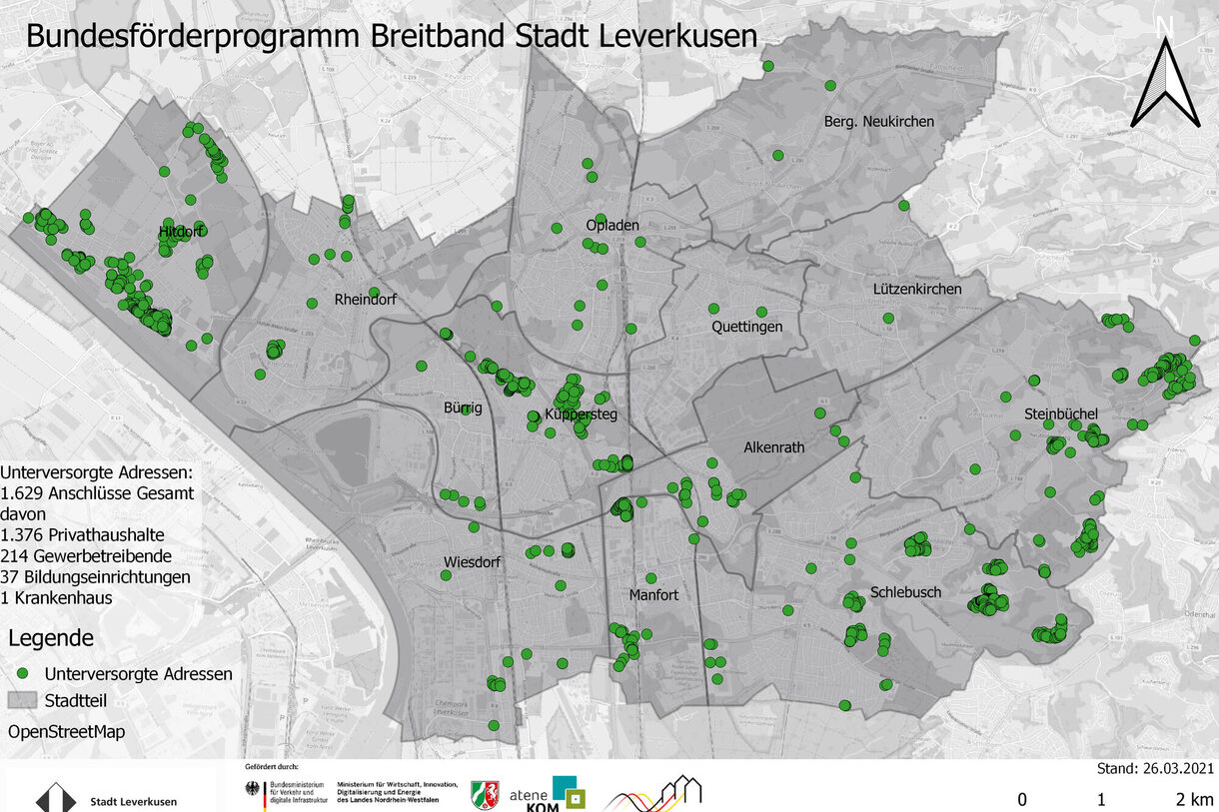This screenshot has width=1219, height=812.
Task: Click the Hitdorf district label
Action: (x=180, y=233)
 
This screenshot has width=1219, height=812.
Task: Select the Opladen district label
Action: (x=611, y=225)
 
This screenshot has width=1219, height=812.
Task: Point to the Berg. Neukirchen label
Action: (x=878, y=121)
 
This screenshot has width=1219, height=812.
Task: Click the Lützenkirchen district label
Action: (x=916, y=289)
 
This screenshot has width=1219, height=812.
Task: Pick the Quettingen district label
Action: (x=746, y=327)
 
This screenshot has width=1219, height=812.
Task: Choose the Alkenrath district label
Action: (x=773, y=447)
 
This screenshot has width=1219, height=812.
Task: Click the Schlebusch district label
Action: (x=905, y=592)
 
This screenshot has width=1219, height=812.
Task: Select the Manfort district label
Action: (x=653, y=595)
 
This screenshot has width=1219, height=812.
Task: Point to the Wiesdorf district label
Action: (x=472, y=561)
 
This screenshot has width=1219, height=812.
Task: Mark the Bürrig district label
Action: (x=463, y=407)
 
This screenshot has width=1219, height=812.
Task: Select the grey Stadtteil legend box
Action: (x=23, y=701)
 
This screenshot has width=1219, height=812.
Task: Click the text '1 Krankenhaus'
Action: (x=57, y=598)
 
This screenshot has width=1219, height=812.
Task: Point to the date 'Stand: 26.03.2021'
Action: (x=1155, y=769)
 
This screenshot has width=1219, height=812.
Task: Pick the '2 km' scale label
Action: (x=1194, y=799)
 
